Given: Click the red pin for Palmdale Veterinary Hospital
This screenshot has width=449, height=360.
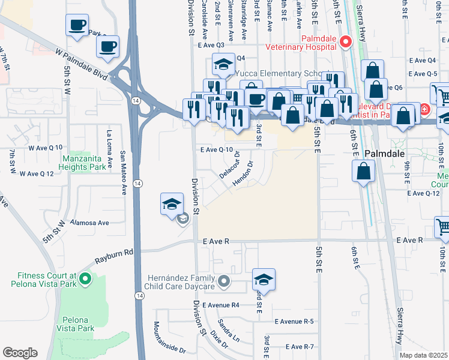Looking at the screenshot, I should (345, 41).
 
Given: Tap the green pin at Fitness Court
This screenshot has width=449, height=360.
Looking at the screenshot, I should (86, 278).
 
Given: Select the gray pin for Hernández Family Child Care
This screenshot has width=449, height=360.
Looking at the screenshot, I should (224, 281).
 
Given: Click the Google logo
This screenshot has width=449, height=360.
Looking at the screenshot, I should (20, 352).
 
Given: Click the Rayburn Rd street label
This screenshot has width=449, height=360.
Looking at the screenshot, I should (113, 257).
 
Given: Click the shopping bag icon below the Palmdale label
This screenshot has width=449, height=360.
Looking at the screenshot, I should (364, 172).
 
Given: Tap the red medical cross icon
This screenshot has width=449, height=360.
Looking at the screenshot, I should (424, 110).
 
